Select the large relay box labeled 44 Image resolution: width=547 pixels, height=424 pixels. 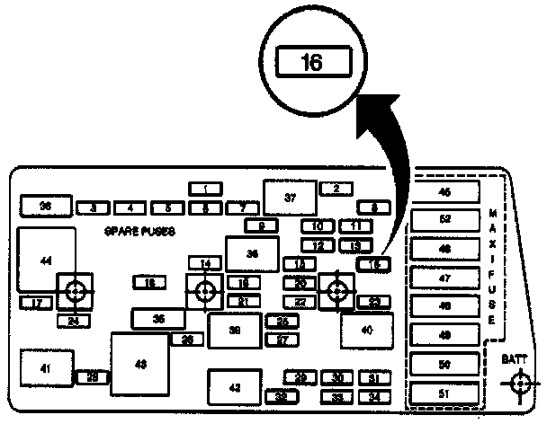(46, 260)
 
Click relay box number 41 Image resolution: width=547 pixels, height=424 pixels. (46, 367)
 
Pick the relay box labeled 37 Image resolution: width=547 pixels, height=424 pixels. (290, 198)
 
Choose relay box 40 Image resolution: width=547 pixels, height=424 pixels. (367, 330)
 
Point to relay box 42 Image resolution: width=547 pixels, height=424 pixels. (235, 387)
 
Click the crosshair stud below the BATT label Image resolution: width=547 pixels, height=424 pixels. (517, 384)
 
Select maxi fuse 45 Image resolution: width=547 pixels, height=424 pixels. (444, 191)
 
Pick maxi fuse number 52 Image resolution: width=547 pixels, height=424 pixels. (444, 219)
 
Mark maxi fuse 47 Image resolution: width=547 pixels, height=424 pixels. (444, 278)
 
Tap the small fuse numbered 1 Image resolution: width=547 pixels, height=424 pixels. (206, 189)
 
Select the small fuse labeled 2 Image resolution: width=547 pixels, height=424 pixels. (335, 189)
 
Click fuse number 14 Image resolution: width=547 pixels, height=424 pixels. (206, 263)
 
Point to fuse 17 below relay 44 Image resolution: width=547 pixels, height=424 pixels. (36, 304)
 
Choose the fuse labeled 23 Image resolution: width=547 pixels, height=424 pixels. (374, 301)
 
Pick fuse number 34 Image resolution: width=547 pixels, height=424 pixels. (374, 395)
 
